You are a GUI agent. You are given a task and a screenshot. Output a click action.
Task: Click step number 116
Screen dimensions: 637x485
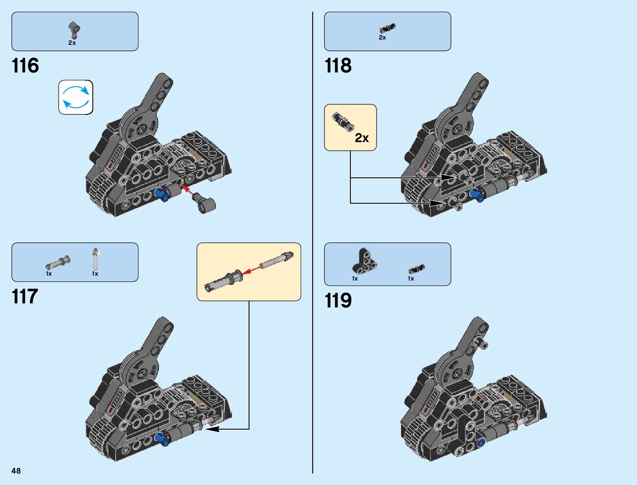(25, 66)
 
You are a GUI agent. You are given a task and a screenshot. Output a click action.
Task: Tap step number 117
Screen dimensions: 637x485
(25, 297)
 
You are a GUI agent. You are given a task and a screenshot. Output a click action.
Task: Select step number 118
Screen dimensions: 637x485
(338, 66)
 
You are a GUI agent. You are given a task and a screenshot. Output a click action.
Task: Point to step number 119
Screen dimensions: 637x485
(338, 301)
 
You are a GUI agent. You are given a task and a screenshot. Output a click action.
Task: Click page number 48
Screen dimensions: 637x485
(16, 471)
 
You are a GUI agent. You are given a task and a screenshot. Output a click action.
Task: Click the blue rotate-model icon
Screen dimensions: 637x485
(76, 97)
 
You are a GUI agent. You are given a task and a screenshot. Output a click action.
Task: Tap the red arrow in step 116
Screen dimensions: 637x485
(187, 189)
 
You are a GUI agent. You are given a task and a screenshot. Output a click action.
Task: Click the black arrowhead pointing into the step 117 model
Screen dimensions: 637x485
(212, 429)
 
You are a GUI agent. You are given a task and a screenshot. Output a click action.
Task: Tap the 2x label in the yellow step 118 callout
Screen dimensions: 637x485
(361, 138)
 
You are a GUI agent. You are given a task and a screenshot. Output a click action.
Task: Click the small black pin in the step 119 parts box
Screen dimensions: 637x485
(416, 269)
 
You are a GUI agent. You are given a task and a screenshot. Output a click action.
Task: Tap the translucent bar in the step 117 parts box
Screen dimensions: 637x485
(95, 259)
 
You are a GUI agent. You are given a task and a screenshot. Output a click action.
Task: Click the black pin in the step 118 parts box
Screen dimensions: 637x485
(387, 28)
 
